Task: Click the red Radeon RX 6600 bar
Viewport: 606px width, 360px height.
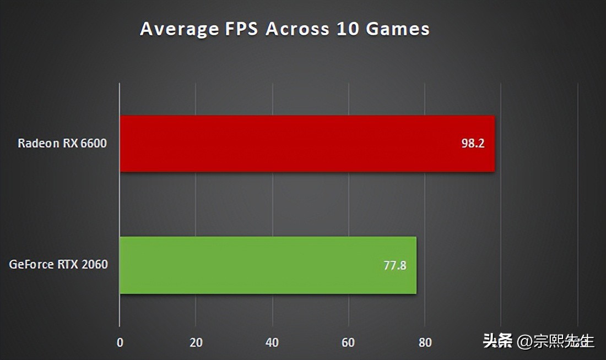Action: tap(306, 144)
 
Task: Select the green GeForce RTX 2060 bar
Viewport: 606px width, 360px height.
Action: tap(268, 265)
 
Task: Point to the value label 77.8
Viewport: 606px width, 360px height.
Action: tap(395, 266)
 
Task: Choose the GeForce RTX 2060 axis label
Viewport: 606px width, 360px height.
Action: tap(58, 265)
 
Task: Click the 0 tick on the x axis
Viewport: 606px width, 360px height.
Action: tap(120, 342)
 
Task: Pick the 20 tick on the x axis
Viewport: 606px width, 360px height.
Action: tap(196, 342)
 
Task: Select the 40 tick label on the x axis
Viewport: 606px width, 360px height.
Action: tap(272, 342)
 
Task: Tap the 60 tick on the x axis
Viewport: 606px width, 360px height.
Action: tap(348, 342)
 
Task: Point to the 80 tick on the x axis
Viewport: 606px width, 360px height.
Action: tap(425, 342)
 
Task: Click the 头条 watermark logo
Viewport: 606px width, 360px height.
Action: tap(497, 341)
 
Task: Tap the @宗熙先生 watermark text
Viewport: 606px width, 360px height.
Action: tap(555, 341)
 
